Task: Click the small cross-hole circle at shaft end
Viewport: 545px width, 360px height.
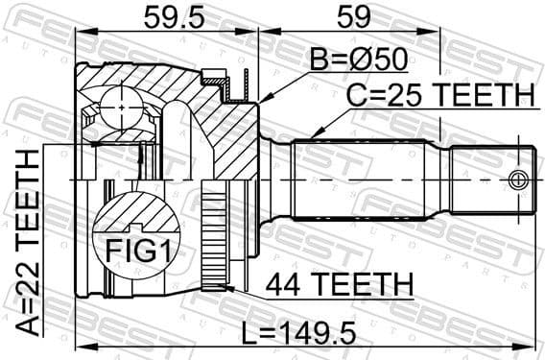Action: tap(519, 180)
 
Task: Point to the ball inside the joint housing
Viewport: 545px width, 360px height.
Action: tap(121, 104)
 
